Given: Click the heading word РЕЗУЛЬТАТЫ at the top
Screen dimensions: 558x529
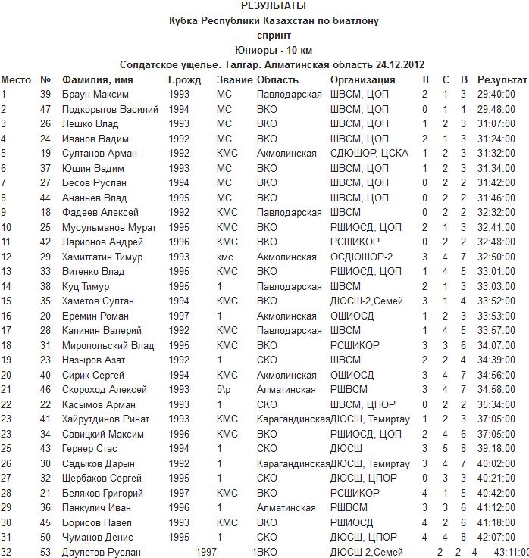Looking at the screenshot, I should (274, 6).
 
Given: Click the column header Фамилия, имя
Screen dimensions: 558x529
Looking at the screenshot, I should (98, 79).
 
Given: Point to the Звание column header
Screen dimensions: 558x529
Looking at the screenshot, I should (233, 79).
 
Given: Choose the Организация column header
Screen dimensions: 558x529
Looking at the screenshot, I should (363, 79).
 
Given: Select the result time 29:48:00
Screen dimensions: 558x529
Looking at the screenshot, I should (496, 109).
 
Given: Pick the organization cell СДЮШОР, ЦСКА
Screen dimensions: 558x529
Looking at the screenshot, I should (369, 154).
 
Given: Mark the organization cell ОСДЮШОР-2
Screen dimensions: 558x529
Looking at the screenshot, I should (362, 257).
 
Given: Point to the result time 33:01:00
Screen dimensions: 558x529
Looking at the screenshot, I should (496, 272).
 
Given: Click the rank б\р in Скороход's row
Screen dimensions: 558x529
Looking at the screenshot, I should (224, 390).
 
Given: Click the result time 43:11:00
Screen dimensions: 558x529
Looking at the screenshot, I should (511, 553).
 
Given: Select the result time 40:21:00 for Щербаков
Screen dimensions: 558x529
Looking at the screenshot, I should (496, 479).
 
